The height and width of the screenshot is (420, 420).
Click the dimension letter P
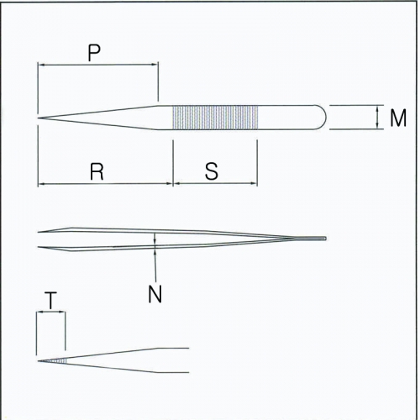pos(94,53)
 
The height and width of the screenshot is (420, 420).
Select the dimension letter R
pos(97,171)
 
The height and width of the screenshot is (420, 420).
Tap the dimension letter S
pos(212,171)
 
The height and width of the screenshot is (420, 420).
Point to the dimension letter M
pos(398,118)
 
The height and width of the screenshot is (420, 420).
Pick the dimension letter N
pos(155,294)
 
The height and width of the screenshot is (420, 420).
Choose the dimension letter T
pos(50,300)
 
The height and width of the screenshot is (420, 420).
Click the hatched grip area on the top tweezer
pos(215,118)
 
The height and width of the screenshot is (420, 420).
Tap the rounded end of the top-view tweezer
pos(322,118)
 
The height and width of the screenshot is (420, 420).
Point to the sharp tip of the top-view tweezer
pos(39,118)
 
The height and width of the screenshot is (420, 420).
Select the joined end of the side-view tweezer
pos(323,239)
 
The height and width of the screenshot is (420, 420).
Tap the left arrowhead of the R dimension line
pos(41,184)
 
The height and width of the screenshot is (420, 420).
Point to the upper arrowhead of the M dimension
pos(378,109)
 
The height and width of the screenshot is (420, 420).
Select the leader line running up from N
pos(155,265)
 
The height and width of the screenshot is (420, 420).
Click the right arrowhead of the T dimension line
pos(62,312)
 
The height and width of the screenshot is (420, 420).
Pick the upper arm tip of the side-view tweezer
pos(39,232)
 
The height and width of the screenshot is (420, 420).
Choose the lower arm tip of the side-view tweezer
pos(39,247)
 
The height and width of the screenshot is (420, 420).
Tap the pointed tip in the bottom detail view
pos(39,361)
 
